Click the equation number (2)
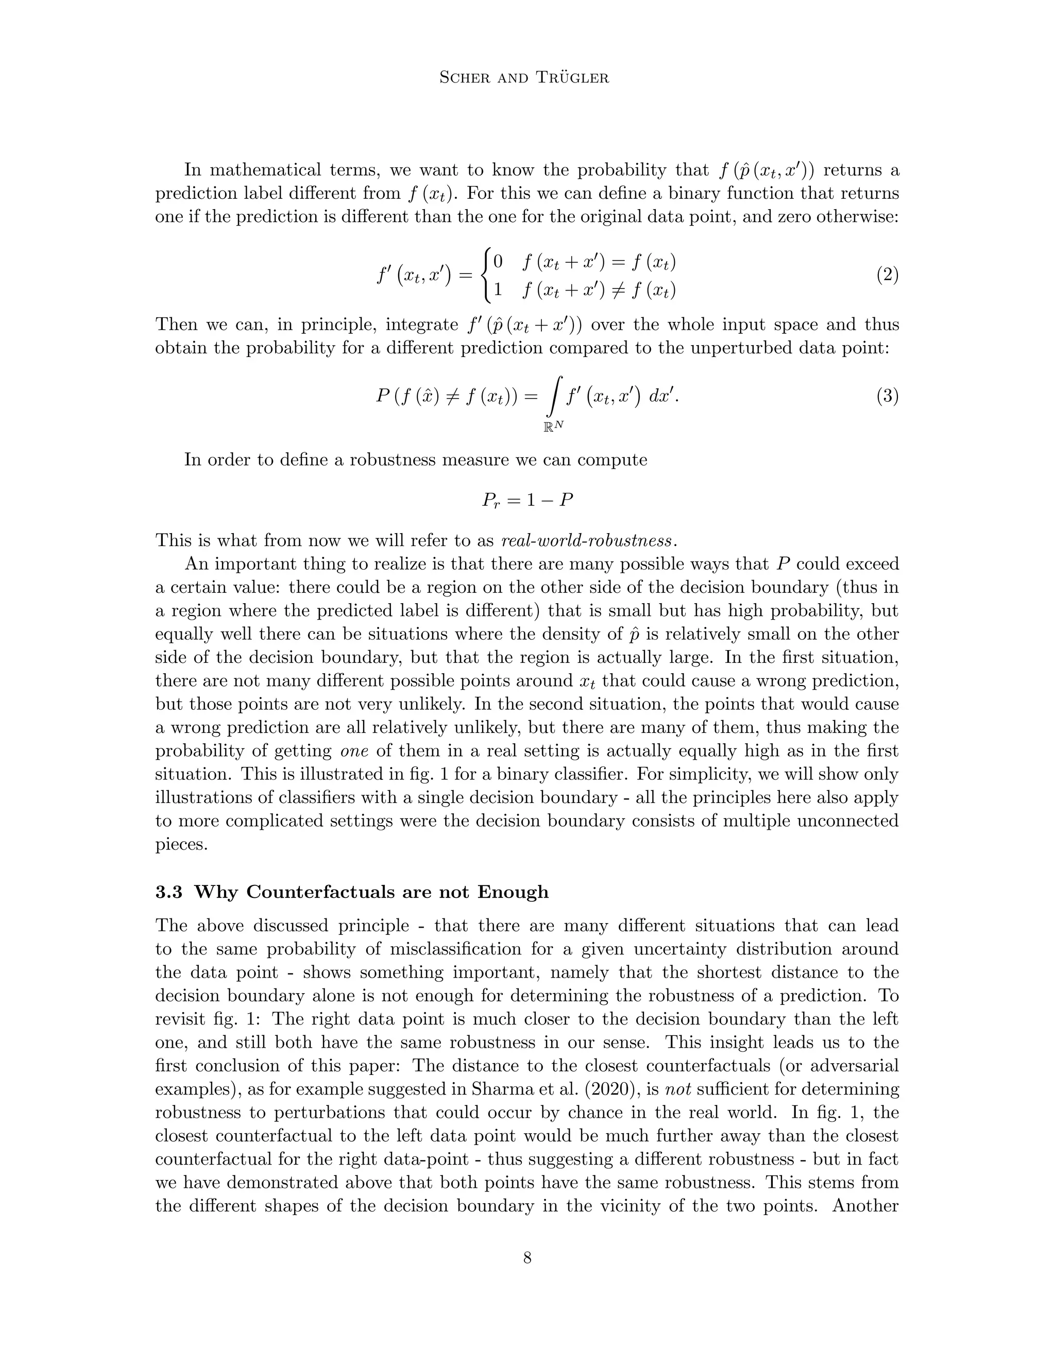(x=887, y=275)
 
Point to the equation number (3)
(x=887, y=396)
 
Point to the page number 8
(x=527, y=1257)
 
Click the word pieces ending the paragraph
(x=181, y=844)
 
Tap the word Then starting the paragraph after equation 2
(x=176, y=325)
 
